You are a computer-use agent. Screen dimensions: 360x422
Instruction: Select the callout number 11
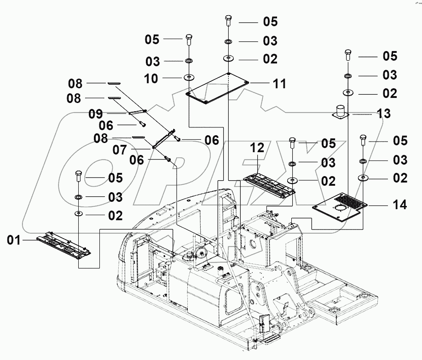tap(279, 84)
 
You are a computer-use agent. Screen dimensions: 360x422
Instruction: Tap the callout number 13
tap(384, 113)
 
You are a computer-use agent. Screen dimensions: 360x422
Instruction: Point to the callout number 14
tap(399, 205)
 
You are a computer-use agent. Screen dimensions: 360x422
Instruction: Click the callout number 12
tap(257, 148)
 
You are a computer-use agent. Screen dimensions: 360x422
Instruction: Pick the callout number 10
tap(151, 79)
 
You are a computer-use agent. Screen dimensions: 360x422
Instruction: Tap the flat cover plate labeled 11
tap(216, 88)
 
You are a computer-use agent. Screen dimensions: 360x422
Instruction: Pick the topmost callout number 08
tap(75, 84)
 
